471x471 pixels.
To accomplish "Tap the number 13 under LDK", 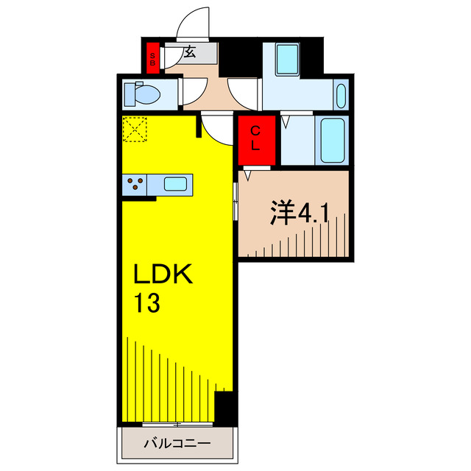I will click(147, 302).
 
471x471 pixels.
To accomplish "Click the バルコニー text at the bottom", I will click(177, 444).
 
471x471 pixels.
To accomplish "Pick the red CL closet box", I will click(255, 139).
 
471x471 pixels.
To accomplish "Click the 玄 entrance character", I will click(189, 52).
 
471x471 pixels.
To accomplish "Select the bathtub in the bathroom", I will click(332, 140).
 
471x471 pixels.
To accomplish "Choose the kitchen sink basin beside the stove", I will click(176, 183).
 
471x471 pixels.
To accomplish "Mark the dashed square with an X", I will click(135, 130).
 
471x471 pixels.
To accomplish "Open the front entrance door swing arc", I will click(193, 22).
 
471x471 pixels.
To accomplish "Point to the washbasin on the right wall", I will click(340, 96).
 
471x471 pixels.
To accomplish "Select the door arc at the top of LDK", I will click(217, 130).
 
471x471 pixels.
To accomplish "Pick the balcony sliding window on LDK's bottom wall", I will click(177, 424).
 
